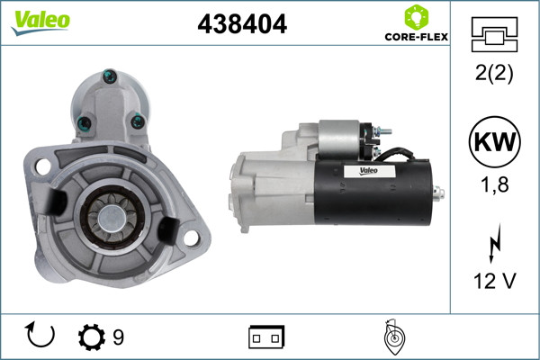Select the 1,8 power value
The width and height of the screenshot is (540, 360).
pos(493,185)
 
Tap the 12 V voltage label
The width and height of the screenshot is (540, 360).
pos(493,281)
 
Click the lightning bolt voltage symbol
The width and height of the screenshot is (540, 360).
pos(493,245)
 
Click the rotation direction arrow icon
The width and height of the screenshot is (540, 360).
pos(41,336)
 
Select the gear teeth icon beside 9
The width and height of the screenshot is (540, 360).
pos(92,337)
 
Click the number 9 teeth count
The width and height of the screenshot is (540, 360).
pos(118,337)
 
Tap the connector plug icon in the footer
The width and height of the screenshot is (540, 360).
pos(266,337)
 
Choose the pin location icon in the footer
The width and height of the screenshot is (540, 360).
pos(391,337)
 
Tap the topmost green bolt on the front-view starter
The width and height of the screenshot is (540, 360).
pos(109,76)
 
